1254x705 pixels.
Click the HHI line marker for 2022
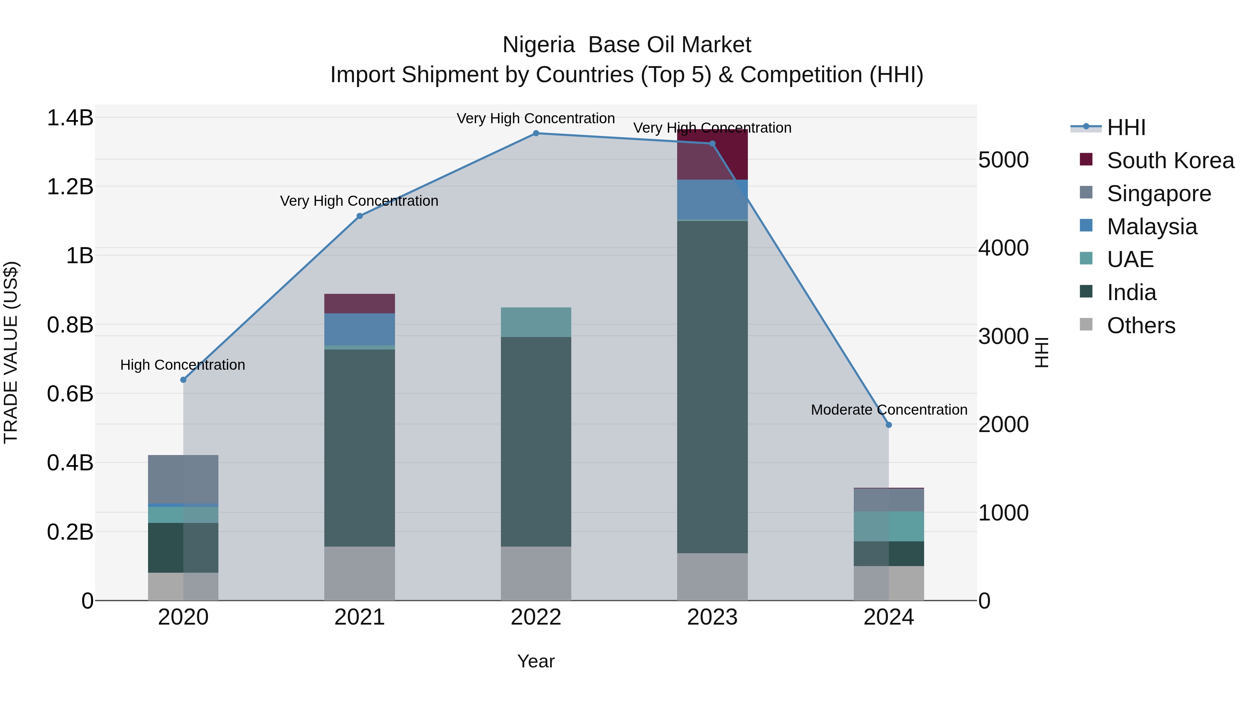pos(536,133)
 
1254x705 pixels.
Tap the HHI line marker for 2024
pos(889,425)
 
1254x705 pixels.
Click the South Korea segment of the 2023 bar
pos(712,155)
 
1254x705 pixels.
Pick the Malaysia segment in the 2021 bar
pos(360,329)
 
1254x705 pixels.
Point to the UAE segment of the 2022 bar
pos(536,322)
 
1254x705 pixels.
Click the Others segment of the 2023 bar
pos(712,577)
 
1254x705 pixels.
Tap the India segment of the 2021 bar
pos(360,448)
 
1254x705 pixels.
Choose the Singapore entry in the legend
pos(1159,194)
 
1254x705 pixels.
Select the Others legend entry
pos(1140,326)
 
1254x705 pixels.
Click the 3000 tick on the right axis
pos(1003,336)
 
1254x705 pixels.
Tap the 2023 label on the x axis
pos(712,617)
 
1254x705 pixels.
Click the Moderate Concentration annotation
pos(889,410)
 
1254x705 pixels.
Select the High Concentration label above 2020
pos(183,365)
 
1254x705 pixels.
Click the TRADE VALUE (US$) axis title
pos(11,352)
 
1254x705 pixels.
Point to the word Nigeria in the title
pos(539,45)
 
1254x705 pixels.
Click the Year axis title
pos(536,661)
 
